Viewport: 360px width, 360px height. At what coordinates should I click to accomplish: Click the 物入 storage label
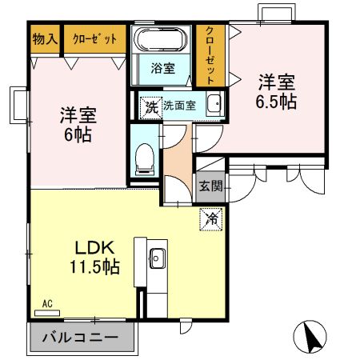[x=45, y=38]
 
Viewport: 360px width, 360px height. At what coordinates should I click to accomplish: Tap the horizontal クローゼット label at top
[x=94, y=38]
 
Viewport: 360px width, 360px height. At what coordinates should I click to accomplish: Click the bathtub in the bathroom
[x=162, y=40]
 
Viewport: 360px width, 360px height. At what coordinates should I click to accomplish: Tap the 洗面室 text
[x=179, y=106]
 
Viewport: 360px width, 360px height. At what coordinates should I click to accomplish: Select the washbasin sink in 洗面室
[x=214, y=105]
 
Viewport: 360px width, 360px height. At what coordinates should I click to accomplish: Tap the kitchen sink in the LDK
[x=156, y=258]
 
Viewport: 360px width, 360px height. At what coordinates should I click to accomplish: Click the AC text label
[x=48, y=302]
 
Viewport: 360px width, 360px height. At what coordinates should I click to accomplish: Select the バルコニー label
[x=79, y=337]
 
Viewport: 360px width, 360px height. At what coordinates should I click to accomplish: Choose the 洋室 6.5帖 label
[x=277, y=91]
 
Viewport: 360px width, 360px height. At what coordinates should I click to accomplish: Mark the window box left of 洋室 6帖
[x=18, y=103]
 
